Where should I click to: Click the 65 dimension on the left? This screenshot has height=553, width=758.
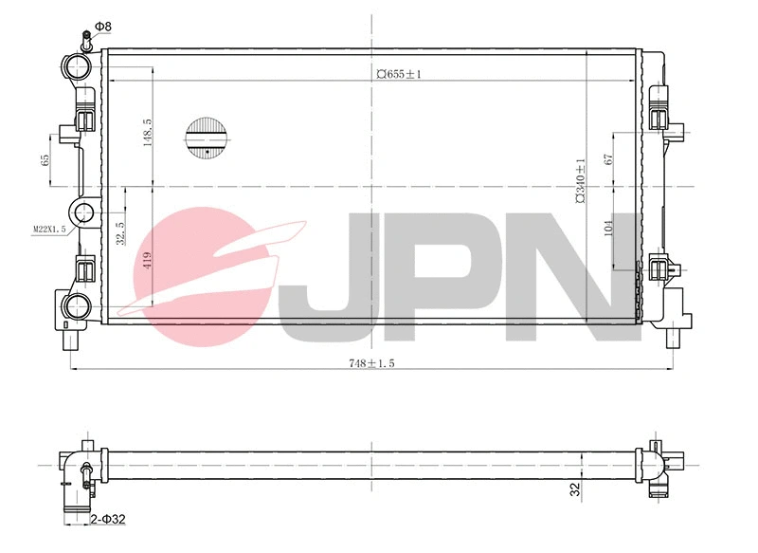pos(45,160)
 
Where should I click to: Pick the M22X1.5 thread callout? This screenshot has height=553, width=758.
pos(48,229)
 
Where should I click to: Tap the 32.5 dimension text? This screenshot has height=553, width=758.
pos(120,233)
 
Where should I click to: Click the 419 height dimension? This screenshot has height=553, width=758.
pos(147,262)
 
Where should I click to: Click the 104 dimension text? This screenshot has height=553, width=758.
pos(608,227)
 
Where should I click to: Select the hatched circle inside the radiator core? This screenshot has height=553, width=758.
pos(207,137)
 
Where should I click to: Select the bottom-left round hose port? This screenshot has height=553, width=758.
pos(79,304)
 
